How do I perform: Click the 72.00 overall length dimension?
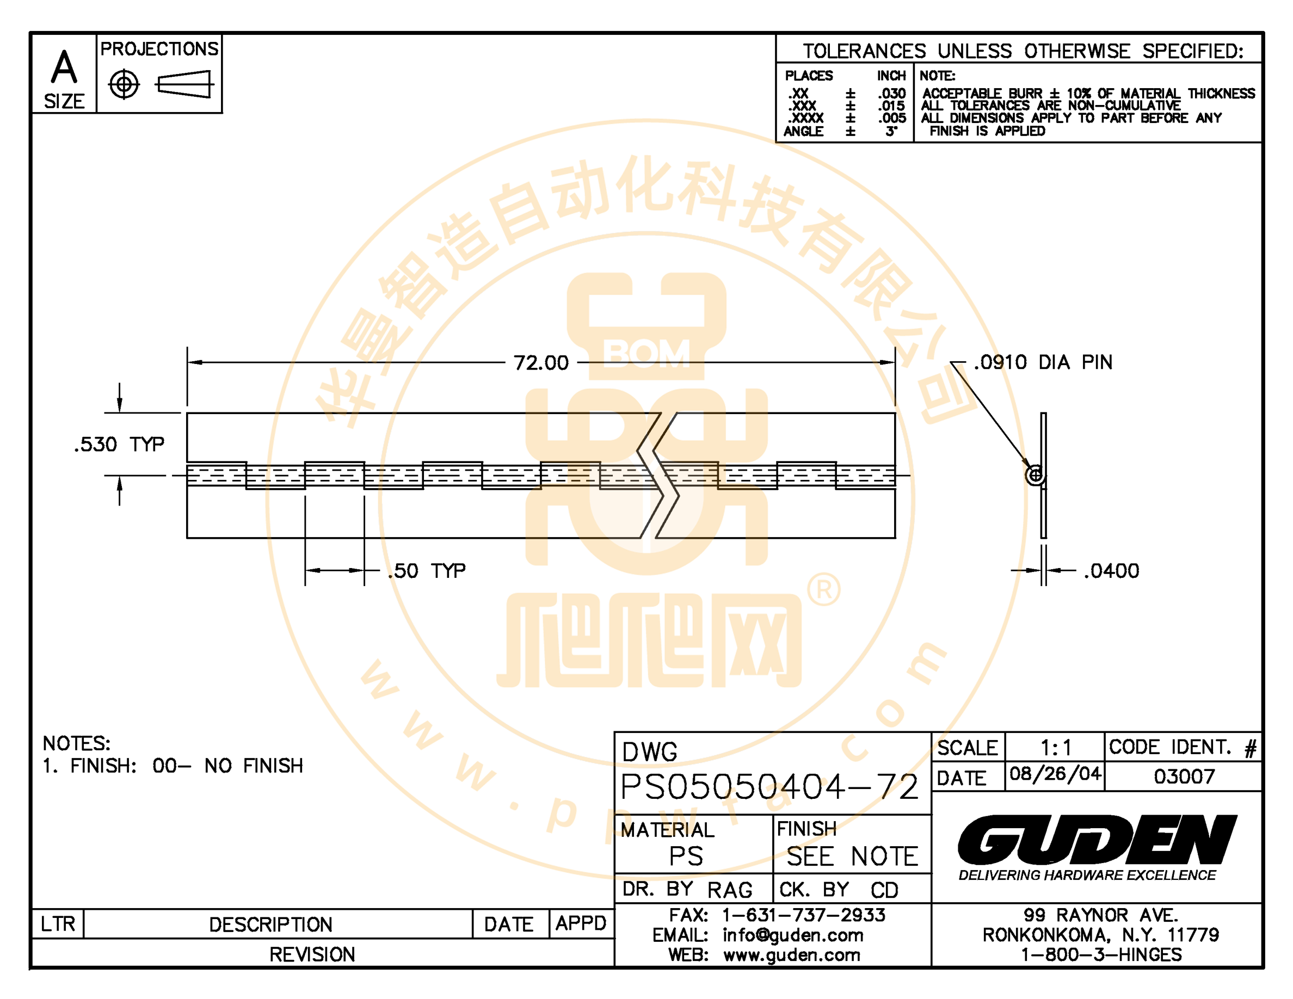pos(540,362)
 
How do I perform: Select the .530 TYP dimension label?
pos(119,444)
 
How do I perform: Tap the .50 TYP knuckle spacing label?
pos(426,571)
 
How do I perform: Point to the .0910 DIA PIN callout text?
pos(1043,362)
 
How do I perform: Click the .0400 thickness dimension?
pos(1111,571)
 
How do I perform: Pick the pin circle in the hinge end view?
pos(1035,474)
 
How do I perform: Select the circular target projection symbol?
pos(124,85)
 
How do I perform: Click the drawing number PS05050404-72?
pos(769,787)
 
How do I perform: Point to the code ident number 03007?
pos(1184,776)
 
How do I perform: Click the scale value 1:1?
pos(1056,748)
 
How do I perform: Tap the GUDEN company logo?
pos(1097,839)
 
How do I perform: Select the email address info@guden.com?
pos(793,935)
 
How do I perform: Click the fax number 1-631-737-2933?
pos(803,915)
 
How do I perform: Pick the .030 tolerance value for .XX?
pos(891,94)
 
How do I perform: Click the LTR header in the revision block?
pos(58,924)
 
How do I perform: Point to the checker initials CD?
pos(884,890)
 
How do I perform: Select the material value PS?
pos(686,856)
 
